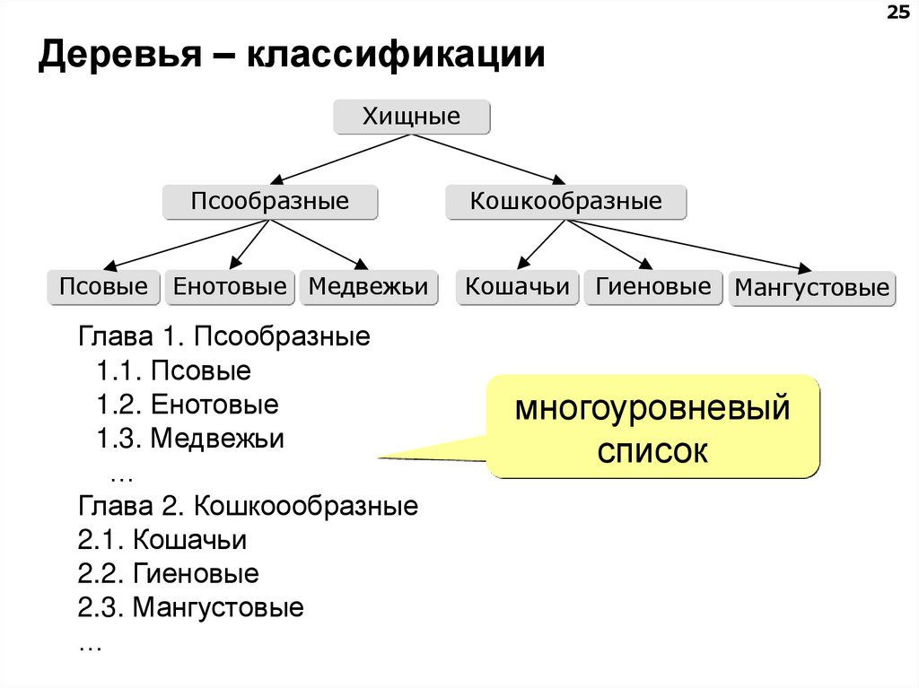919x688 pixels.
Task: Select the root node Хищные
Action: click(x=412, y=118)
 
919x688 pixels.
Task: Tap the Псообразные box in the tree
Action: click(x=269, y=202)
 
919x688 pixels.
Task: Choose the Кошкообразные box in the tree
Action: click(x=565, y=202)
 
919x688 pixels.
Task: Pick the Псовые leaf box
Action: click(x=103, y=288)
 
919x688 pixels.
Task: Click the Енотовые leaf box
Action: click(x=230, y=288)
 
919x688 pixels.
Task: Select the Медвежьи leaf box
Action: click(x=368, y=288)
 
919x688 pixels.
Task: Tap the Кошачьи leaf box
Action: click(x=517, y=288)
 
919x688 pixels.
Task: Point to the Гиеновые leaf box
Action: click(x=652, y=288)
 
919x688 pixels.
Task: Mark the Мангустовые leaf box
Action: click(x=811, y=289)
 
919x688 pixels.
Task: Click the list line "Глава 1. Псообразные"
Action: click(x=224, y=338)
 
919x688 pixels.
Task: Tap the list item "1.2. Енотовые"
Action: click(x=188, y=405)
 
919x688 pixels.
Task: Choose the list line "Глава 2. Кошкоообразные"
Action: click(x=248, y=507)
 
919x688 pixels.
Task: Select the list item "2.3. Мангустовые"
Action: click(x=190, y=608)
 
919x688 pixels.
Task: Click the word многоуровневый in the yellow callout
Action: click(x=652, y=411)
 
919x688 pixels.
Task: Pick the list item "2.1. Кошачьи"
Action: click(x=162, y=541)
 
